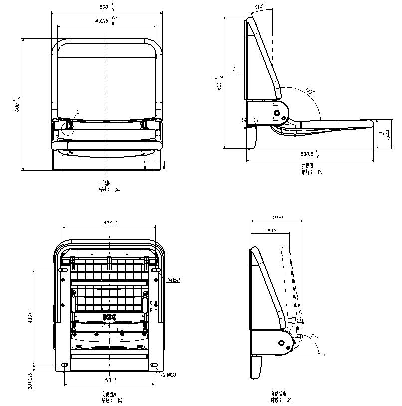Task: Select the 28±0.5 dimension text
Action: [30, 381]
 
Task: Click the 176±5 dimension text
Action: [271, 230]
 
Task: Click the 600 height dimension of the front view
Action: [18, 105]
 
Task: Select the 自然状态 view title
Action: [279, 394]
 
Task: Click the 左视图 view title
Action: [307, 166]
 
